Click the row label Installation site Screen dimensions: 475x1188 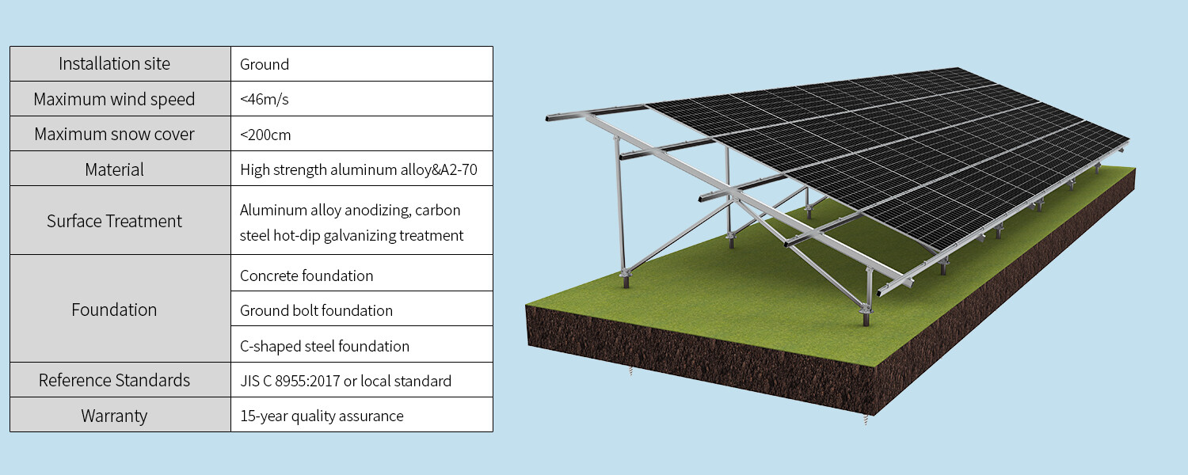[114, 64]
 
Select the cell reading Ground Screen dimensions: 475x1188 [265, 64]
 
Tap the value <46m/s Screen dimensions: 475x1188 [265, 100]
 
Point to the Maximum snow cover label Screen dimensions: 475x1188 [114, 135]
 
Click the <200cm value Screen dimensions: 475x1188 [265, 135]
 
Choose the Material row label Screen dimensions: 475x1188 [114, 169]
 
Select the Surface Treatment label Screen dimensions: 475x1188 [114, 221]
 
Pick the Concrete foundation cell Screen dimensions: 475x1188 [307, 275]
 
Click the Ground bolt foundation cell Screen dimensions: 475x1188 [316, 310]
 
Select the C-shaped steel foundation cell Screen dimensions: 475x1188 [325, 346]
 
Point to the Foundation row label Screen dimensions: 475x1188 [114, 310]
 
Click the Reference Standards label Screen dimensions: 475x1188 [114, 381]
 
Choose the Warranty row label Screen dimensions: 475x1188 [114, 416]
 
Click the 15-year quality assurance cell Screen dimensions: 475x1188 [322, 416]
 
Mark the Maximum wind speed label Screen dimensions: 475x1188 [114, 100]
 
